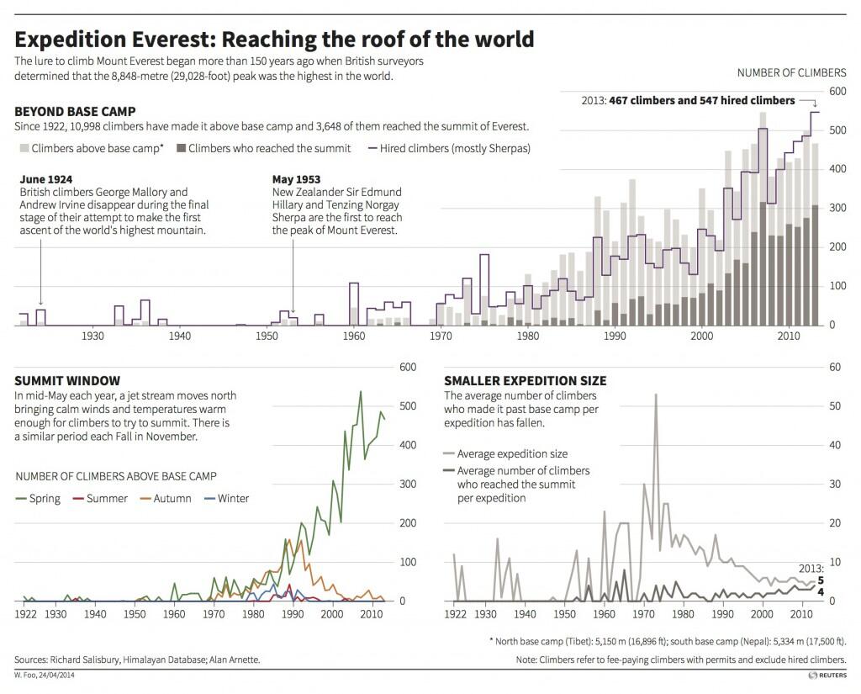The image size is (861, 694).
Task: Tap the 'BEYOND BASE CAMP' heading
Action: pos(76,111)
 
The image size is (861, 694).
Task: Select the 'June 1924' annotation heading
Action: pos(45,179)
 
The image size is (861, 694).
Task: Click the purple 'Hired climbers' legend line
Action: pos(373,148)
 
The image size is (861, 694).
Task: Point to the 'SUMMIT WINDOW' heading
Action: pos(67,381)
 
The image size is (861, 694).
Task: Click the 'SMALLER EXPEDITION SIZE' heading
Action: pos(526,381)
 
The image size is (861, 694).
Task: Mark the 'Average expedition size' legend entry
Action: pos(505,454)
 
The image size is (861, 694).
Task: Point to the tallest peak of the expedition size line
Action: pos(655,394)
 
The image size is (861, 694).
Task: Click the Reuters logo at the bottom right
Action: pos(826,675)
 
